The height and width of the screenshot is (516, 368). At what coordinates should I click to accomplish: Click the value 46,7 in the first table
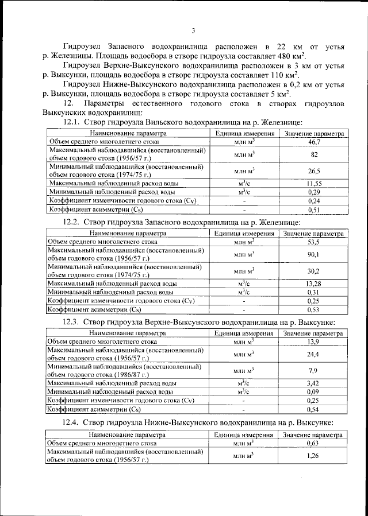(314, 141)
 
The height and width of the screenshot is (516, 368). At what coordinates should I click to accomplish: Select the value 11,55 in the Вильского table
(314, 183)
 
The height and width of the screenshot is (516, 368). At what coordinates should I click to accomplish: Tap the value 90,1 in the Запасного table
(313, 254)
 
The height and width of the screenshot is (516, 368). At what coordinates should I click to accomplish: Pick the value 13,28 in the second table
(313, 283)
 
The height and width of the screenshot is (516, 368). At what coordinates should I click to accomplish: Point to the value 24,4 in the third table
(313, 354)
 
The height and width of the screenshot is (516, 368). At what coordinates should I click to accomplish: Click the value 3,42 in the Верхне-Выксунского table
(313, 383)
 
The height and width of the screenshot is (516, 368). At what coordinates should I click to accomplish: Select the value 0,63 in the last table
(313, 443)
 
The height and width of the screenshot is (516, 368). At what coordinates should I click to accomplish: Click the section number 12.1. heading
(71, 122)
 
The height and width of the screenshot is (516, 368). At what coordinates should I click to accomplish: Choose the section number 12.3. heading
(71, 323)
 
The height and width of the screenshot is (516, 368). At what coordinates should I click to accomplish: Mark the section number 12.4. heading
(71, 423)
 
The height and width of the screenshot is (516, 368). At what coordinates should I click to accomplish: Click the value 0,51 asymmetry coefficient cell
(314, 210)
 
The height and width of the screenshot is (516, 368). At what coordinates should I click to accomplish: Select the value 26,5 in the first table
(314, 170)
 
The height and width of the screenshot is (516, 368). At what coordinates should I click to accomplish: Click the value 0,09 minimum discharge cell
(313, 391)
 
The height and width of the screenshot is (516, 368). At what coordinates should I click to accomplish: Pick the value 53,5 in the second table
(313, 242)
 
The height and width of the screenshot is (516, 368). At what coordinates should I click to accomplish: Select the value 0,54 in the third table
(313, 410)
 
